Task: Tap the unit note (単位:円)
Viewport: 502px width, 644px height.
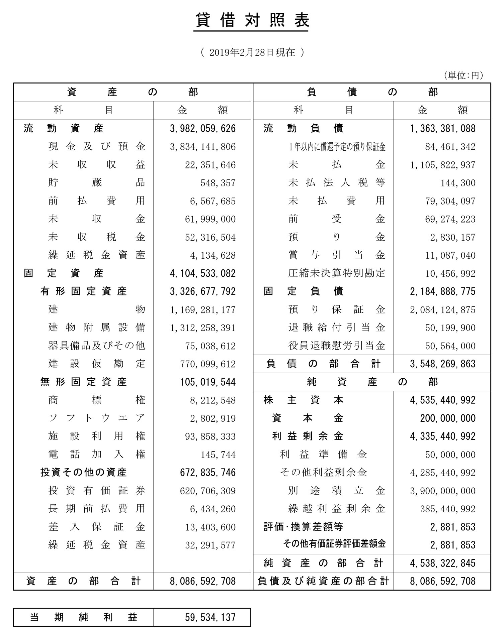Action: [464, 76]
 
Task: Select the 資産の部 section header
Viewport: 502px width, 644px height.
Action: [132, 92]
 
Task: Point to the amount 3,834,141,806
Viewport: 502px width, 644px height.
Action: [203, 147]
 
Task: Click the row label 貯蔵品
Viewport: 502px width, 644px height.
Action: [97, 183]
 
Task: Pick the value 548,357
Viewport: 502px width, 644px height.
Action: [218, 183]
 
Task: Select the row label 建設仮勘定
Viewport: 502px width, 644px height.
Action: [97, 364]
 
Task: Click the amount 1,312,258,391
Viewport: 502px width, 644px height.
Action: [203, 328]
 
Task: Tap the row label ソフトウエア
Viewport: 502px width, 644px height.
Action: [97, 418]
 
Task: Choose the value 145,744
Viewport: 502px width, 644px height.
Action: [218, 455]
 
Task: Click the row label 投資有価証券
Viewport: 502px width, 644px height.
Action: [97, 491]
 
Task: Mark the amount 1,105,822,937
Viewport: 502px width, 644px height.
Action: [443, 165]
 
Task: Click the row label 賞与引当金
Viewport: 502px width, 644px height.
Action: [337, 255]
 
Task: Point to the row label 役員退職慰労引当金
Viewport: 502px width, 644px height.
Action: [337, 346]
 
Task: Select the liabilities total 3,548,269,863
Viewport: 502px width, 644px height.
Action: [442, 364]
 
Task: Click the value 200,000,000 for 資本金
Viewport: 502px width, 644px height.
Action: [448, 418]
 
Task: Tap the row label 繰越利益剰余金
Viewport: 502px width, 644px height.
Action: [337, 509]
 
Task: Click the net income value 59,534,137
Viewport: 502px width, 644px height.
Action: [210, 617]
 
